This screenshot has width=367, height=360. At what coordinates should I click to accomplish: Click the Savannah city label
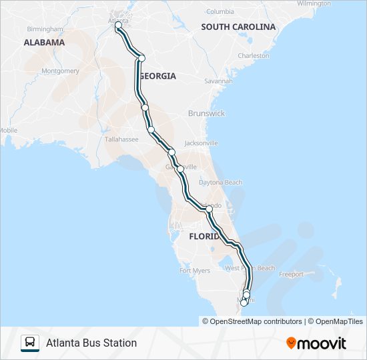pyautogui.click(x=218, y=81)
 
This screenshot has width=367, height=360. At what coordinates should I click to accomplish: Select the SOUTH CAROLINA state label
pyautogui.click(x=238, y=27)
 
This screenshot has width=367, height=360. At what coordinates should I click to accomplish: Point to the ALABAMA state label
pyautogui.click(x=44, y=42)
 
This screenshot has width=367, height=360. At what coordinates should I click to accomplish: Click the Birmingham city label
pyautogui.click(x=45, y=29)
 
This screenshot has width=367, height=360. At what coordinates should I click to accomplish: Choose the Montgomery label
pyautogui.click(x=60, y=71)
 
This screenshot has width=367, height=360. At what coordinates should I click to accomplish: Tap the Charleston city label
pyautogui.click(x=254, y=56)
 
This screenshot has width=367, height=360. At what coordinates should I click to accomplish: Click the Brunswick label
pyautogui.click(x=207, y=113)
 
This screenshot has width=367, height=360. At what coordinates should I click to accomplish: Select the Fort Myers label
pyautogui.click(x=195, y=271)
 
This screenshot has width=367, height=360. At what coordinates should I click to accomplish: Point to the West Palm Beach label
pyautogui.click(x=250, y=268)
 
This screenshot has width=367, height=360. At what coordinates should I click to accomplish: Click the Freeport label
pyautogui.click(x=291, y=274)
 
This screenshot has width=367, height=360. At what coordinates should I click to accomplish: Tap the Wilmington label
pyautogui.click(x=314, y=3)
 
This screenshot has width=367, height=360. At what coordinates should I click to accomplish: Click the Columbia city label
pyautogui.click(x=220, y=11)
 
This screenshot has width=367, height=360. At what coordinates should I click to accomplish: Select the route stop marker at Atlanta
pyautogui.click(x=118, y=25)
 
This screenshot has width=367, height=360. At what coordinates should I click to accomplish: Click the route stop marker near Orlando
pyautogui.click(x=209, y=209)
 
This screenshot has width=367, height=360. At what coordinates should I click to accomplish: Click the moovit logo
pyautogui.click(x=316, y=343)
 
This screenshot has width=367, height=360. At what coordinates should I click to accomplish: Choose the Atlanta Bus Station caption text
pyautogui.click(x=91, y=343)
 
